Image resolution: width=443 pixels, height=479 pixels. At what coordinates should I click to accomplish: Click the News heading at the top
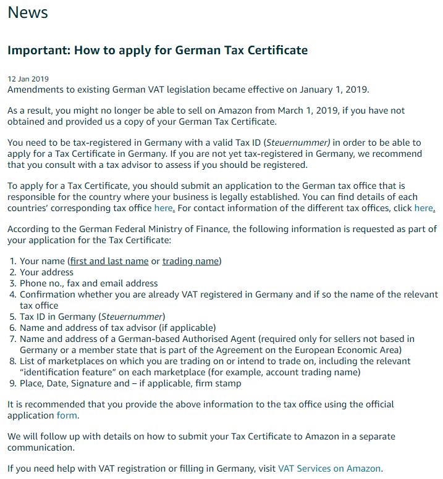[28, 13]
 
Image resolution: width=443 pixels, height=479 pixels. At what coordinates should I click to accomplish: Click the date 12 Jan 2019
[28, 79]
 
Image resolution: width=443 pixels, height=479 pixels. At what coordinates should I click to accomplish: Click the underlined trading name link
[190, 261]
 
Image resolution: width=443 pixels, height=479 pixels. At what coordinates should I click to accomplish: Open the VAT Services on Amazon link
[329, 469]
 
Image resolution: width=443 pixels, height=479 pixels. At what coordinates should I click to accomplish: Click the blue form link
[67, 415]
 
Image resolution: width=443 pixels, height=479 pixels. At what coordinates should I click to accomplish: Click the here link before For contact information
[164, 209]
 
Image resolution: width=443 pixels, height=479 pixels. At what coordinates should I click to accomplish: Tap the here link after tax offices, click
[424, 209]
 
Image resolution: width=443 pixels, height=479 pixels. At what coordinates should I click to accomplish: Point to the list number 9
[12, 383]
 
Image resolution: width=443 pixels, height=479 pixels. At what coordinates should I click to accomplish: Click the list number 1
[12, 261]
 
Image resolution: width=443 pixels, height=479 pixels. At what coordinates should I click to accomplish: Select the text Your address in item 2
[46, 272]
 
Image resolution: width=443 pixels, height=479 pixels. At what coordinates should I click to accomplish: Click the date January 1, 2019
[333, 90]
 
